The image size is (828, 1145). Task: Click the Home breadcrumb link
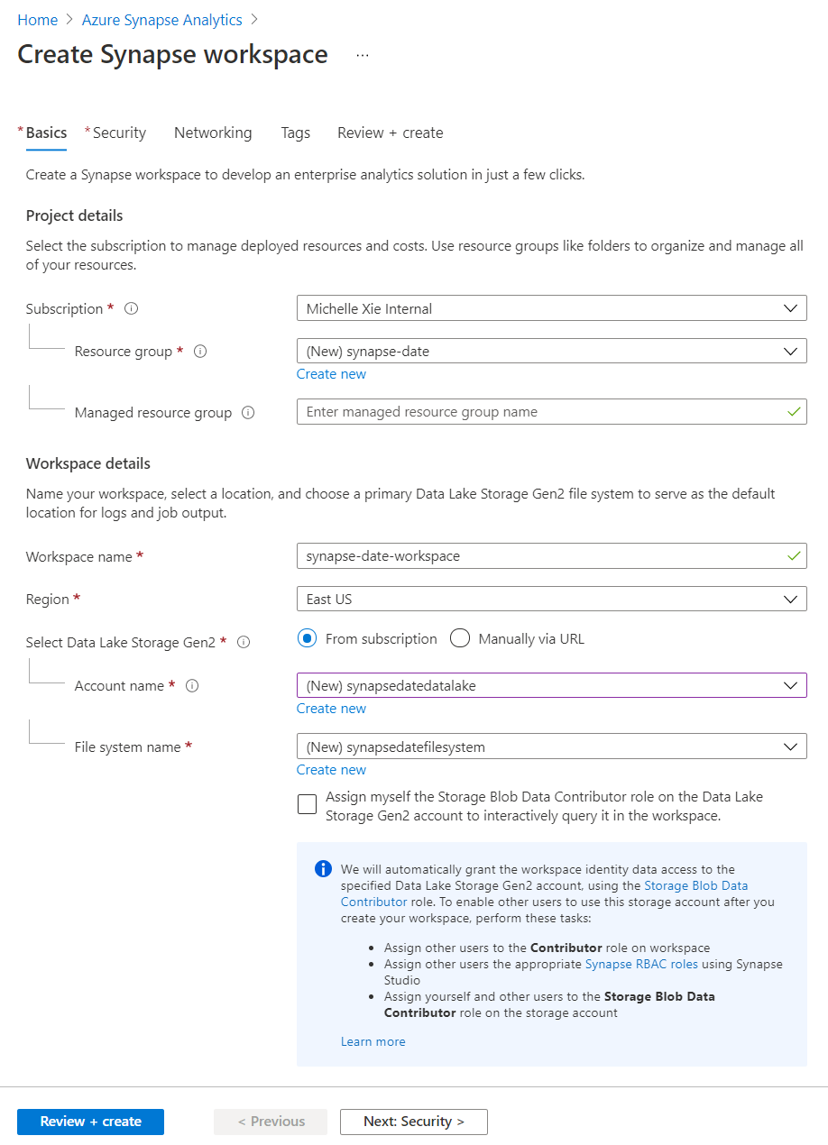pos(37,20)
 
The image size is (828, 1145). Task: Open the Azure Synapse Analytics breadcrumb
pos(161,20)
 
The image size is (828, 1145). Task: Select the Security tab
pos(119,133)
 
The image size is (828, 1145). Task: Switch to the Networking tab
pos(213,133)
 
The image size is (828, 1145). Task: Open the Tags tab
pos(295,133)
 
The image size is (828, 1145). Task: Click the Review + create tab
pos(390,133)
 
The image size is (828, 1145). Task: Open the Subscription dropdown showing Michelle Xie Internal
pos(551,308)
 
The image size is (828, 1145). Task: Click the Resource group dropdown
pos(551,351)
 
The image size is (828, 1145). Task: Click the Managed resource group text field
pos(541,412)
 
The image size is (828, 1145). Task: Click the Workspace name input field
pos(541,556)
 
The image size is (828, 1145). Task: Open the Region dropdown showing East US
pos(551,599)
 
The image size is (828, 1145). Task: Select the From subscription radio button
pos(308,638)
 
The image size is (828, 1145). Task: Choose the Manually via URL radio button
pos(460,638)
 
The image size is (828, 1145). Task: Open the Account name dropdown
pos(551,685)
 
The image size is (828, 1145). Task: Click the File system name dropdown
pos(551,747)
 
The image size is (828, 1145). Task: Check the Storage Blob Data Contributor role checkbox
pos(307,804)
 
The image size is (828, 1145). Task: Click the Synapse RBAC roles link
pos(641,964)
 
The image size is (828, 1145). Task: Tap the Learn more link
pos(373,1041)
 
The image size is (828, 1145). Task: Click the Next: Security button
pos(413,1122)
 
